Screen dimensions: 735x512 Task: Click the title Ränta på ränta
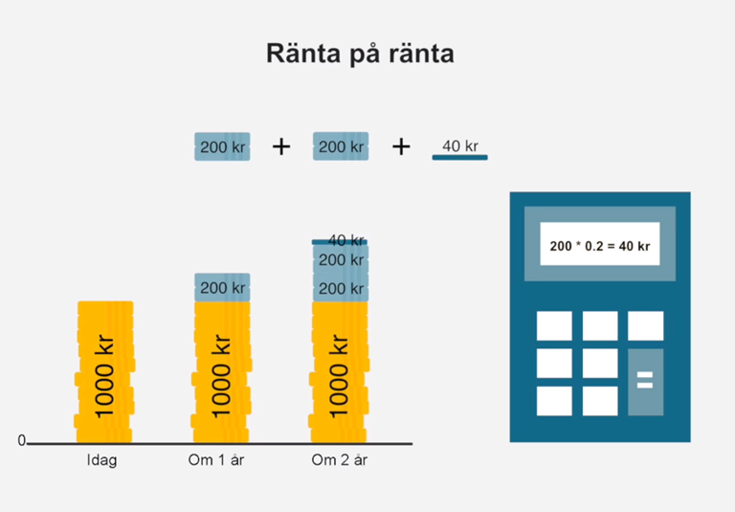(360, 54)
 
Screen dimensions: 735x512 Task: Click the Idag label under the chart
(101, 460)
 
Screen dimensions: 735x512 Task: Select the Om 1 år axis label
(216, 460)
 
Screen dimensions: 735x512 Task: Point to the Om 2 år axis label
(340, 460)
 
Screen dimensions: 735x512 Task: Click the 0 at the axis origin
(22, 440)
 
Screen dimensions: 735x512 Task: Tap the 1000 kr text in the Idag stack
(104, 375)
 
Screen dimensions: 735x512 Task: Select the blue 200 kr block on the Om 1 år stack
(222, 287)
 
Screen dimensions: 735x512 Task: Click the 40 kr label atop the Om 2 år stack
(345, 240)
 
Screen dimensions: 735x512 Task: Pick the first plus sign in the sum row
(281, 147)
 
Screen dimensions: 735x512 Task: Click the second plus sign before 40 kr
(401, 147)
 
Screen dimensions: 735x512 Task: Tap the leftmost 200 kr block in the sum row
(222, 146)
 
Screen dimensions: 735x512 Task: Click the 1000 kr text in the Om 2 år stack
(339, 375)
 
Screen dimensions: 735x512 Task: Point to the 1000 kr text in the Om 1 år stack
(221, 375)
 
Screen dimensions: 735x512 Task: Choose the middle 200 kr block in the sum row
(341, 146)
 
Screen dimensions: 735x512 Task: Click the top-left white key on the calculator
(554, 325)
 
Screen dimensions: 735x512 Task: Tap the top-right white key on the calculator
(645, 325)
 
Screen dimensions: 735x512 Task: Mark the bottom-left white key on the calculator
(554, 401)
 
